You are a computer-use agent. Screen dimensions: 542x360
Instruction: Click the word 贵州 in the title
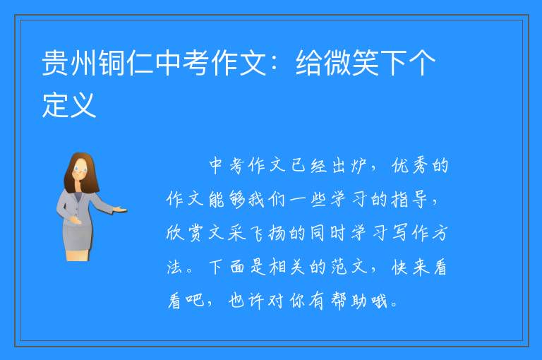click(69, 63)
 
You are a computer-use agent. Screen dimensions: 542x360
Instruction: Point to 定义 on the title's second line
click(69, 104)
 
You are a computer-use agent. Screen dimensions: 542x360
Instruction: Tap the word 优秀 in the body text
click(411, 166)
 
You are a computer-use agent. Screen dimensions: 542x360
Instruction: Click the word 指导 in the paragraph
click(409, 200)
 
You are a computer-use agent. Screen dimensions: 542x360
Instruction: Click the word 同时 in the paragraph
click(327, 233)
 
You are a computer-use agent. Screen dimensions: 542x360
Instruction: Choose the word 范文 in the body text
click(349, 267)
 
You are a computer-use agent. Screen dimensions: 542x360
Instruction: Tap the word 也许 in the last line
click(246, 301)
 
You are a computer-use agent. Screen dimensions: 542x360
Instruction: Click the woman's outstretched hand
click(120, 209)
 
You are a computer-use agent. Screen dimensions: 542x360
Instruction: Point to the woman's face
click(81, 170)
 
